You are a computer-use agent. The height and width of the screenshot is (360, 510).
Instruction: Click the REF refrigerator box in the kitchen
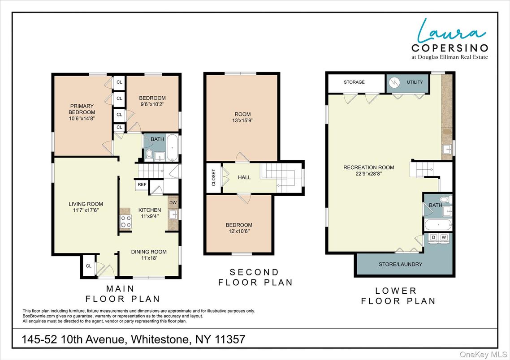(141, 184)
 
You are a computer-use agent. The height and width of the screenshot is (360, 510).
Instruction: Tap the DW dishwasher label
(173, 202)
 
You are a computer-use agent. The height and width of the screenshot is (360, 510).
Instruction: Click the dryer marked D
(433, 237)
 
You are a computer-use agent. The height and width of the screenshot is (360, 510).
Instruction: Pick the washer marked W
(444, 237)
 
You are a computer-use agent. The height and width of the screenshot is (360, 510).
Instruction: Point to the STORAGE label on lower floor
(354, 82)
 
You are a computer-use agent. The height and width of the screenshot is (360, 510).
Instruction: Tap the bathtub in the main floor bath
(173, 149)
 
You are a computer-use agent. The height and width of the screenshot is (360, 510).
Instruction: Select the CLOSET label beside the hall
(213, 177)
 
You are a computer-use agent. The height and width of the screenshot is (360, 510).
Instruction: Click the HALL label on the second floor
(244, 177)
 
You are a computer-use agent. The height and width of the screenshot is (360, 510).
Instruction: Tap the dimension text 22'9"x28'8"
(368, 174)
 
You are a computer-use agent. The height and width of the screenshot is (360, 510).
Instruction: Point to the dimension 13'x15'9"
(242, 121)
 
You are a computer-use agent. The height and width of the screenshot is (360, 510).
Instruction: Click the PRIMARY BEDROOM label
(82, 109)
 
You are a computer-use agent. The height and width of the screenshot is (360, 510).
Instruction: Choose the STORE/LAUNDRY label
(400, 264)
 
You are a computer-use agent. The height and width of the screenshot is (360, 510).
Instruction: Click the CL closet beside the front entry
(89, 266)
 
